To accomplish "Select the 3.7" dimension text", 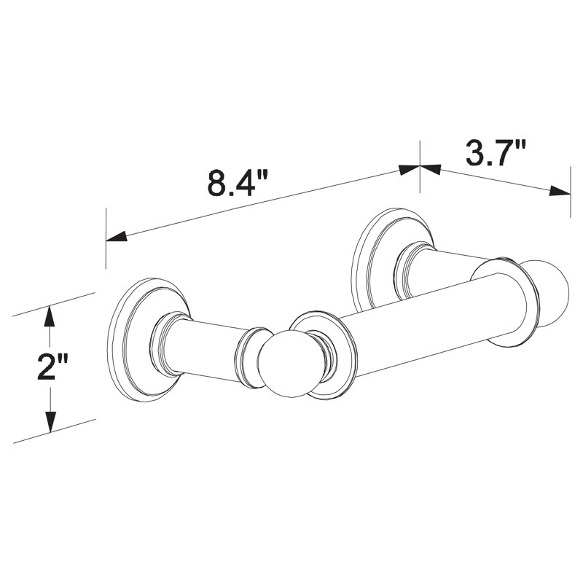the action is [496, 152].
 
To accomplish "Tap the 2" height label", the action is [52, 367].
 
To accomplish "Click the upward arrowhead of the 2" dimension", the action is [50, 316].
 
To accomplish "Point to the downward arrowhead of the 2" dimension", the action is [50, 422].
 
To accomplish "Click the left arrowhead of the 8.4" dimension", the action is [117, 236].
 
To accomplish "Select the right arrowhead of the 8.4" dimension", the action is [409, 170].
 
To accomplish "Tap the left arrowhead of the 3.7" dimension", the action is [431, 169].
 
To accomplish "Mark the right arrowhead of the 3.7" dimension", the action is [560, 191].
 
